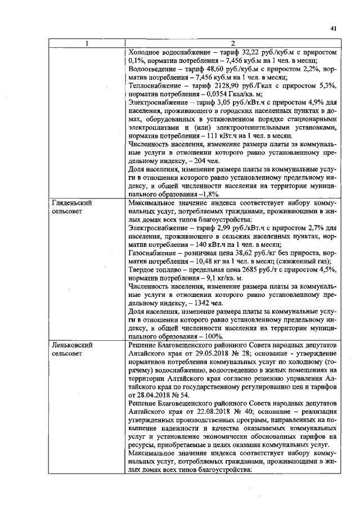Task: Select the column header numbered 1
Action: point(85,44)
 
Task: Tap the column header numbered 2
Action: point(232,44)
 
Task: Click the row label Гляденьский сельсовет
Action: point(71,206)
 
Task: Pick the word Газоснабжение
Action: point(155,258)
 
